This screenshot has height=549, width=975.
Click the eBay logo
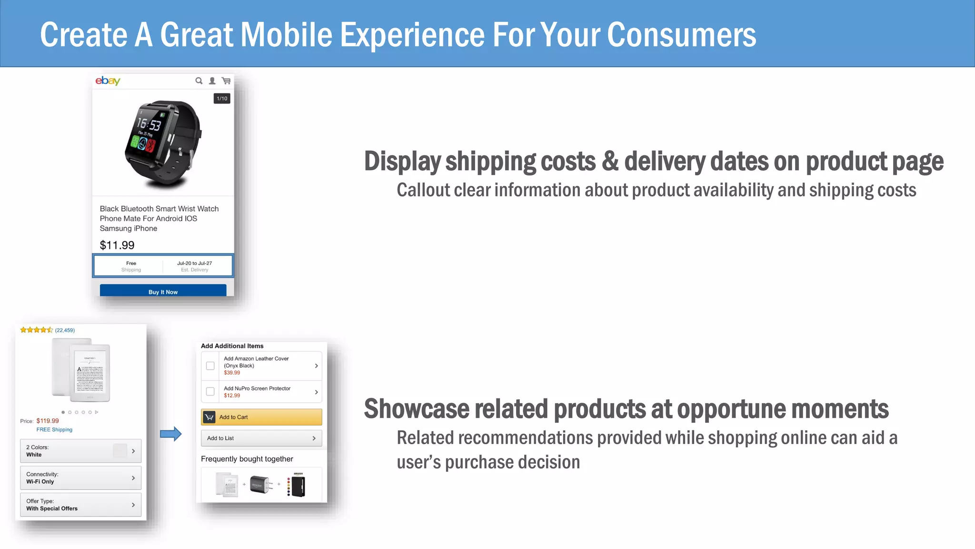click(108, 81)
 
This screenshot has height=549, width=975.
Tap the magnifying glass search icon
click(199, 81)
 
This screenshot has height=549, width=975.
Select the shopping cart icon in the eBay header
click(226, 81)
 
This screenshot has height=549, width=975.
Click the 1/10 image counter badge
click(222, 99)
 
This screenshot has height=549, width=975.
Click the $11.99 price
click(117, 245)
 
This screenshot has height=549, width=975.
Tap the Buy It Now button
click(163, 291)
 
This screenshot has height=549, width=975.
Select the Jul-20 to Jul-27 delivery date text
click(194, 263)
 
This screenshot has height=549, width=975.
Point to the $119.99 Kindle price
click(48, 421)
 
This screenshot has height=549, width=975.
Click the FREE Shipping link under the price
click(54, 429)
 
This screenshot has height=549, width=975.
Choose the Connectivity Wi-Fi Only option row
click(80, 478)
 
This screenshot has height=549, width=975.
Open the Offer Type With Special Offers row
click(80, 505)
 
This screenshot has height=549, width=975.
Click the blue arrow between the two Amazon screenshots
click(170, 434)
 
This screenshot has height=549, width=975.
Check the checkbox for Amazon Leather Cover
click(210, 366)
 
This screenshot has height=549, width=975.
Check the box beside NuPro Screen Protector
click(210, 392)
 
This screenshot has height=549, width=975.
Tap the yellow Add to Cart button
click(261, 417)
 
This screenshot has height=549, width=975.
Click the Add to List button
click(261, 438)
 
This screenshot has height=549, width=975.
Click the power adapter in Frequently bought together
click(261, 485)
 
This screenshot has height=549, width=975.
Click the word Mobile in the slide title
click(286, 35)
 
